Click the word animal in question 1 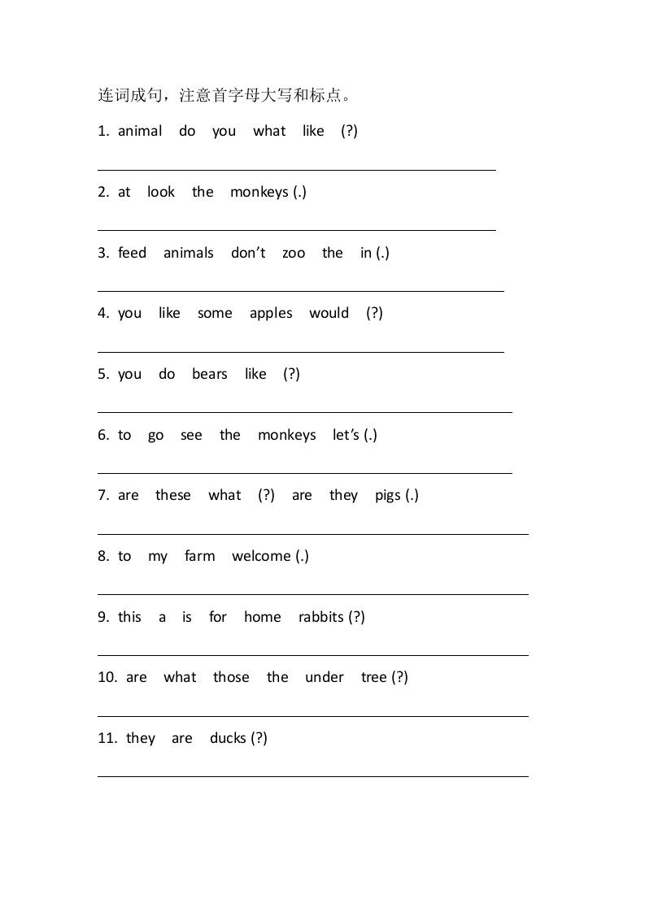click(x=140, y=131)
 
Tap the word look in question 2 click(x=161, y=192)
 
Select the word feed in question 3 click(x=132, y=253)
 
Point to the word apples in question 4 click(x=271, y=314)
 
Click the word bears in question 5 click(x=209, y=374)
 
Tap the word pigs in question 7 click(x=388, y=496)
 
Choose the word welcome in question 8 click(x=261, y=556)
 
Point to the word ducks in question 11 click(x=227, y=738)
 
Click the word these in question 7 click(x=173, y=495)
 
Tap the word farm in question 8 click(x=199, y=556)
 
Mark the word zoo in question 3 click(x=294, y=253)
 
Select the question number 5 click(x=102, y=374)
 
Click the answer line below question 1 click(x=296, y=170)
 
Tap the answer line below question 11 click(x=312, y=776)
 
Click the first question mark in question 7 click(x=266, y=495)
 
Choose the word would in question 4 click(x=329, y=313)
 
